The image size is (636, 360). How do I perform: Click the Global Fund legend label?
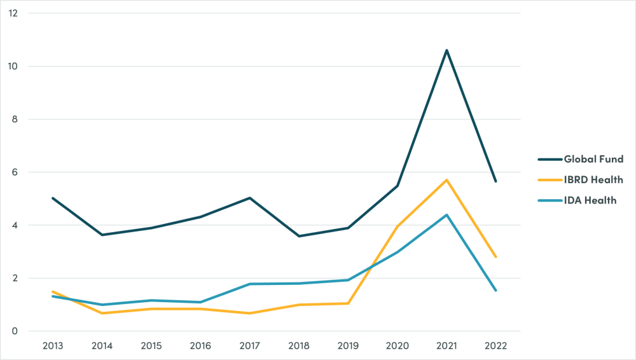593,159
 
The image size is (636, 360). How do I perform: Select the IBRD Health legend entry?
593,180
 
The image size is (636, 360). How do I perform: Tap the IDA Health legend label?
590,201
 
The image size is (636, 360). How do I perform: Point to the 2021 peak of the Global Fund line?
447,50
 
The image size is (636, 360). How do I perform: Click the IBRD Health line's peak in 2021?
447,180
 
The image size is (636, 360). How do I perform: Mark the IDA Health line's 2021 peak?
447,214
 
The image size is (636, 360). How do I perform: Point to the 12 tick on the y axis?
14,13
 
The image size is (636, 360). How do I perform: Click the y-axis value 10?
14,66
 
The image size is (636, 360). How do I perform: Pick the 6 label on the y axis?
14,172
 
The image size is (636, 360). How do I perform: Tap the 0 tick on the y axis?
14,331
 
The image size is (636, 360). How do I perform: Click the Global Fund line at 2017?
249,198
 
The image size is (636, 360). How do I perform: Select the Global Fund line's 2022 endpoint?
496,181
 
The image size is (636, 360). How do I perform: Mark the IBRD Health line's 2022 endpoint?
496,257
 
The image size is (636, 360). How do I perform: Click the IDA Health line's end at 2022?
496,291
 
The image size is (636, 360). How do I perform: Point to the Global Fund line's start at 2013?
52,198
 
